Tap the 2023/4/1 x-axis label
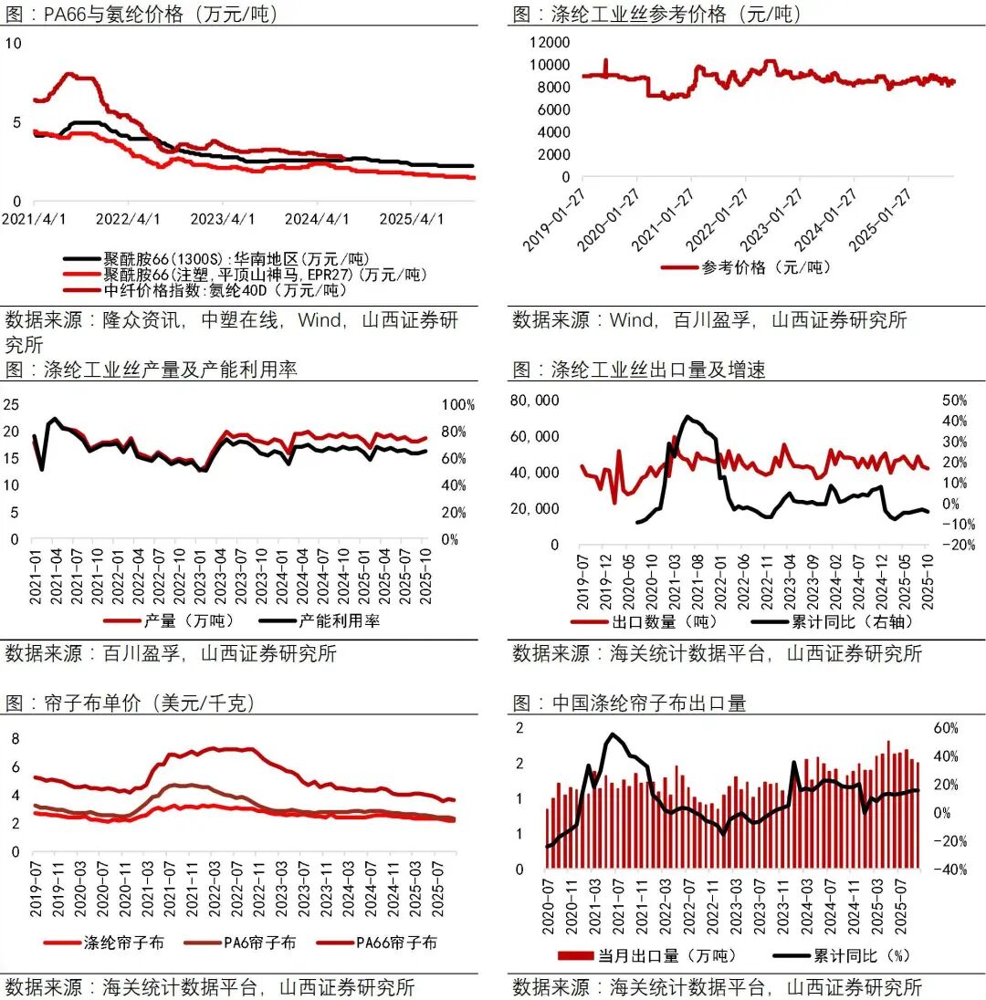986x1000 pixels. point(224,219)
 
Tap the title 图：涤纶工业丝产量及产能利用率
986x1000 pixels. point(151,369)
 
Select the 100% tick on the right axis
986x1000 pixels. point(457,404)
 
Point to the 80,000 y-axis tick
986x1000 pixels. point(534,401)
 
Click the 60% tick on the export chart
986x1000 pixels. point(945,728)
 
